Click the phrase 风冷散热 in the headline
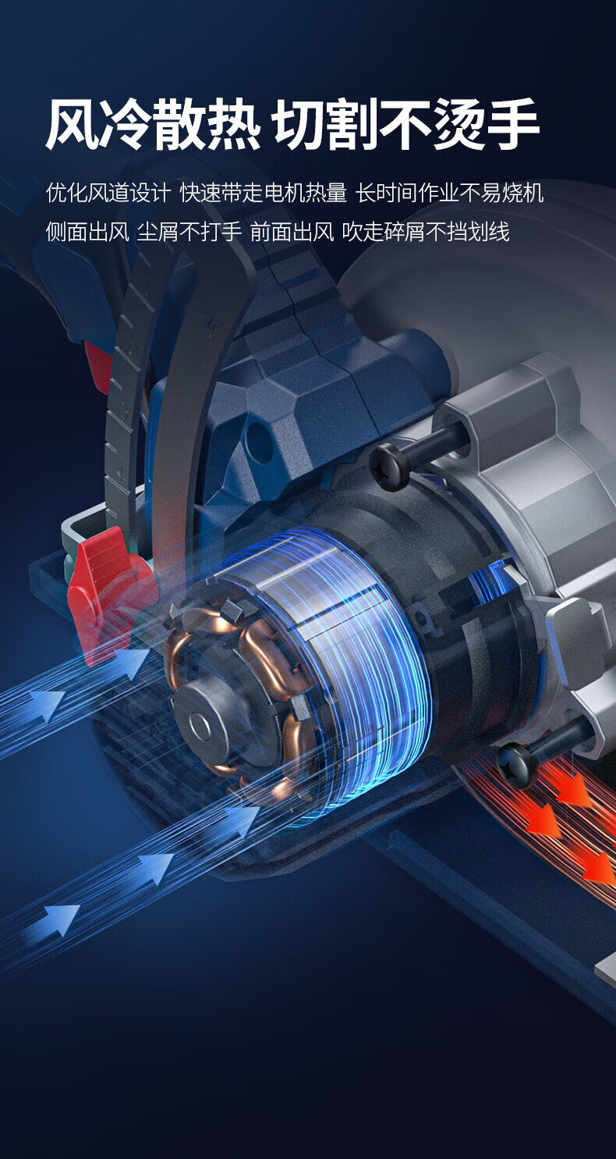(153, 125)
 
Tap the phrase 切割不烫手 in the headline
(407, 125)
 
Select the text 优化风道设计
(108, 193)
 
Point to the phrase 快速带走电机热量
(263, 193)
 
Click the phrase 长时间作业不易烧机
(450, 193)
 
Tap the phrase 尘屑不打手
(189, 231)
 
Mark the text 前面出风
(292, 231)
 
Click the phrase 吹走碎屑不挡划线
(426, 231)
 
